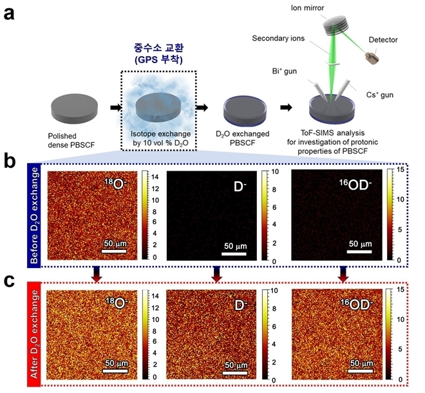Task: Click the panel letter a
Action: click(9, 14)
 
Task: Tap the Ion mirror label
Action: click(307, 8)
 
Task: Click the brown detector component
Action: click(372, 59)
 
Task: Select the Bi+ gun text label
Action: click(285, 72)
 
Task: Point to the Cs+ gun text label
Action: click(380, 95)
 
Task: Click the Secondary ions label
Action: click(278, 38)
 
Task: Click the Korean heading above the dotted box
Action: click(159, 53)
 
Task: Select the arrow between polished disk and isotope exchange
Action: click(116, 108)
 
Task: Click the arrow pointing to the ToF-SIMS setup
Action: click(286, 108)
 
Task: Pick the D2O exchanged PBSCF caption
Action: click(242, 138)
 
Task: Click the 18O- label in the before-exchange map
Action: click(116, 184)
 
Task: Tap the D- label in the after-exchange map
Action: click(240, 305)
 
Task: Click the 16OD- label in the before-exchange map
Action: click(355, 186)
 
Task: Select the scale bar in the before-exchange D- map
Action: click(234, 254)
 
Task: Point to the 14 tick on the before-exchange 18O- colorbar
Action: click(155, 177)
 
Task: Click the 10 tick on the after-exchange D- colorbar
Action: click(274, 291)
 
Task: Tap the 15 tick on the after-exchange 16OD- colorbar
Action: click(401, 290)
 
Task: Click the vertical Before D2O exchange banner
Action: click(34, 215)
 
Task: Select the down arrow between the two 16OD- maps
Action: click(343, 274)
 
